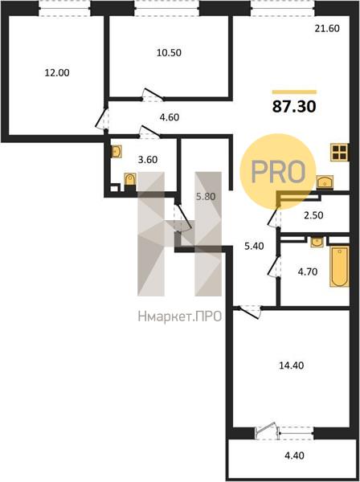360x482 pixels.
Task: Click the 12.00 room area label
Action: (x=57, y=73)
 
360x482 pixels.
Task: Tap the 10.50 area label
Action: (x=169, y=53)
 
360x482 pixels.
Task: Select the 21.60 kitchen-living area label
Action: (x=327, y=29)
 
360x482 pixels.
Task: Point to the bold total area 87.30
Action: (x=294, y=107)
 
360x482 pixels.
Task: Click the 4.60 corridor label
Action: (x=170, y=117)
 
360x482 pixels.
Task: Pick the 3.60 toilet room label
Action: (x=148, y=160)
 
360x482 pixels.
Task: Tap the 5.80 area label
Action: (x=206, y=197)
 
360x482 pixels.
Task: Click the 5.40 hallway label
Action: (x=254, y=246)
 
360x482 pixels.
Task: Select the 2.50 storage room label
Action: (x=313, y=215)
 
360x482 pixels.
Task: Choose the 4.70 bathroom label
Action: (x=308, y=272)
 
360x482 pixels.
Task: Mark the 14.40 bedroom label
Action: (x=292, y=366)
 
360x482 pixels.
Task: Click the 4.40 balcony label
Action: (x=295, y=455)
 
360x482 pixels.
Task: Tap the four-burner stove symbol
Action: (x=339, y=152)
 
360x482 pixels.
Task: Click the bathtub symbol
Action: (x=340, y=266)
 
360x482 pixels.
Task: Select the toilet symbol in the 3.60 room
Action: (x=130, y=179)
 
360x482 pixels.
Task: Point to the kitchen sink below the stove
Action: (x=325, y=182)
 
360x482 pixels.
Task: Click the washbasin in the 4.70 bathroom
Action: (x=317, y=242)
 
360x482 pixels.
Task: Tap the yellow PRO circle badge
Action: (x=278, y=172)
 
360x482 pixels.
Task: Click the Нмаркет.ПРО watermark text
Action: (x=180, y=317)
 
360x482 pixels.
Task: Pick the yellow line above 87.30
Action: (x=294, y=92)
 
